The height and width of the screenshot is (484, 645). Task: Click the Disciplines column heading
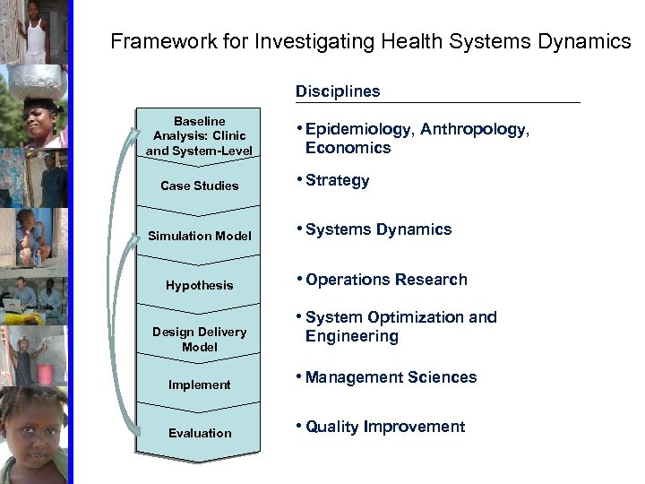click(337, 91)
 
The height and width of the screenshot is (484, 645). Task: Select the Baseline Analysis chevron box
click(200, 134)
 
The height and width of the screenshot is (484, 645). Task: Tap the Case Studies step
click(200, 186)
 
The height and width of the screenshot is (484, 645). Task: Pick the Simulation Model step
click(200, 236)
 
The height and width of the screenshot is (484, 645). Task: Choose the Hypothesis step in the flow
click(200, 285)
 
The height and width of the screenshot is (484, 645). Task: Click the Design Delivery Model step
click(200, 339)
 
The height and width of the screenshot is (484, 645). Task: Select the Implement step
click(200, 385)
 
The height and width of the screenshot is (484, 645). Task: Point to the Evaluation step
click(200, 433)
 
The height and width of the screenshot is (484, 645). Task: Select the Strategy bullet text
click(337, 180)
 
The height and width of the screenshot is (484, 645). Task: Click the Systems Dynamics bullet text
click(378, 229)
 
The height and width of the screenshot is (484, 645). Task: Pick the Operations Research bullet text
click(386, 280)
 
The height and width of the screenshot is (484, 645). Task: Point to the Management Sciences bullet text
click(391, 377)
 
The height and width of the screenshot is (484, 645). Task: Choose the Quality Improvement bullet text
click(385, 427)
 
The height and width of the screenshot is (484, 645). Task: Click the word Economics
click(348, 149)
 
